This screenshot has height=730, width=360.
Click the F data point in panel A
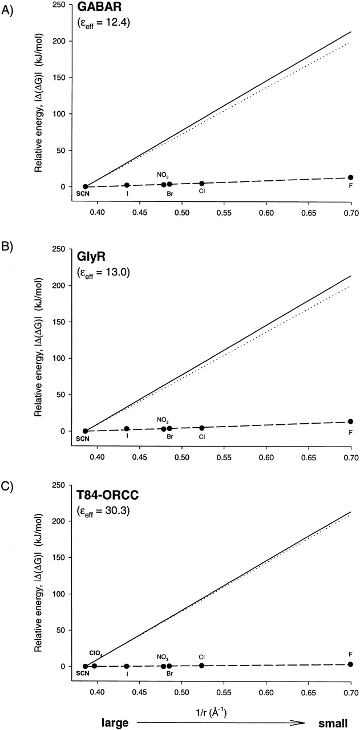tap(351, 178)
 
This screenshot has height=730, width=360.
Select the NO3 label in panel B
tap(163, 420)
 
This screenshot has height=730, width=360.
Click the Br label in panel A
tap(169, 194)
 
